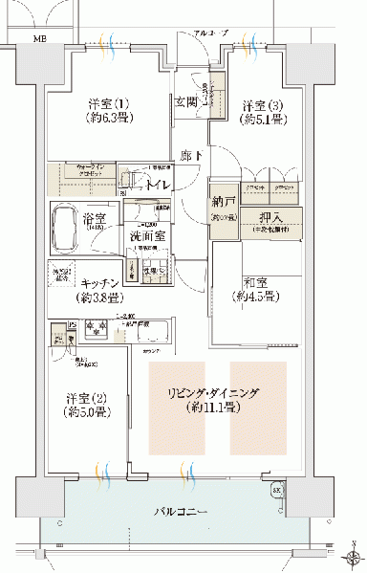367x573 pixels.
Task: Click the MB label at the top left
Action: [x=39, y=39]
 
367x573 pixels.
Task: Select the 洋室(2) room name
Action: [x=84, y=398]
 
